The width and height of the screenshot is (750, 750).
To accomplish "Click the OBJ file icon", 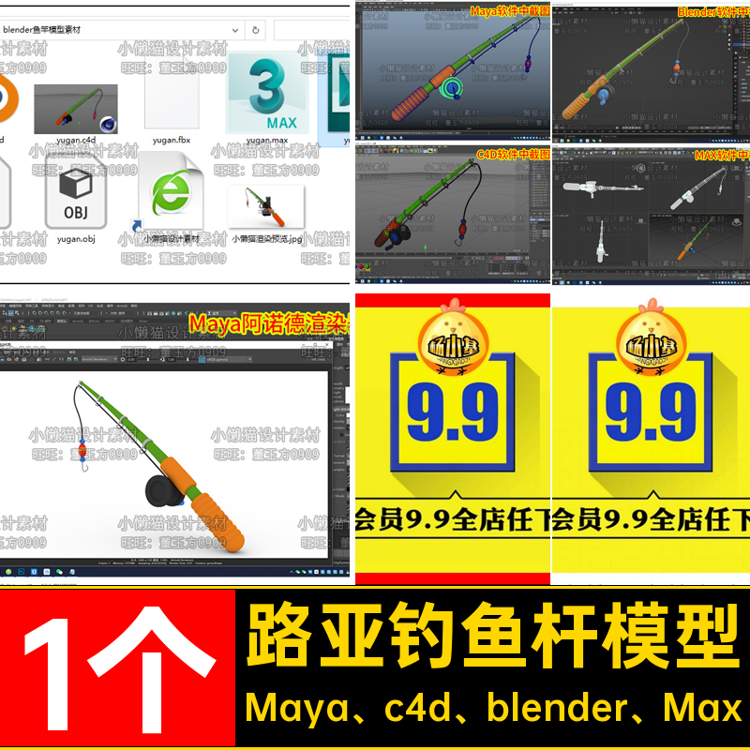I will click(75, 197).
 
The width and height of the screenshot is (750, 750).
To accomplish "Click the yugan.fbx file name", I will click(172, 141).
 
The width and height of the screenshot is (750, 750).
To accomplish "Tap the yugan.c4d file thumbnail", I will click(76, 109).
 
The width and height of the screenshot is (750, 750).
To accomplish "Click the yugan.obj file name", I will click(76, 239).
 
